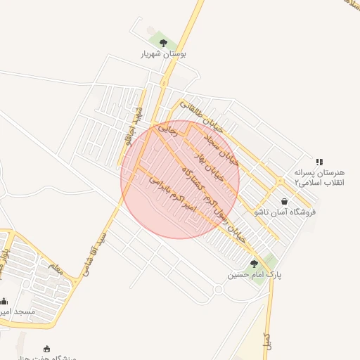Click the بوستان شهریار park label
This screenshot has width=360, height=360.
tap(163, 53)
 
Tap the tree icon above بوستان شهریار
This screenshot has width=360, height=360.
tap(163, 43)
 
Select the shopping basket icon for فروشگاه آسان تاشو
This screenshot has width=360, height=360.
tap(284, 201)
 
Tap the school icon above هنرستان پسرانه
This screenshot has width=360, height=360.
tap(319, 161)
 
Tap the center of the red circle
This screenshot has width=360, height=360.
tap(180, 179)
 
